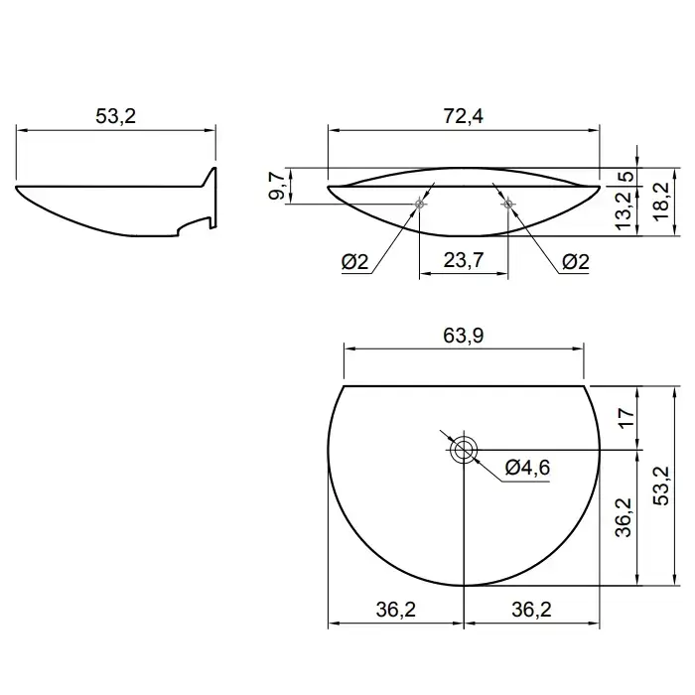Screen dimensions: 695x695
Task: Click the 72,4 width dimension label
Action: click(x=464, y=116)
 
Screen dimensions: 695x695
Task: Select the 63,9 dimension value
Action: click(x=464, y=336)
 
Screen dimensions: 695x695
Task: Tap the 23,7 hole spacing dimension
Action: click(x=464, y=260)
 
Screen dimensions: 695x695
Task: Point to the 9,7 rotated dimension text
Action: click(x=277, y=187)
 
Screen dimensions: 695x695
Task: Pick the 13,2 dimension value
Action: click(x=625, y=210)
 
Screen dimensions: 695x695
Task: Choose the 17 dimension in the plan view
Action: click(x=625, y=418)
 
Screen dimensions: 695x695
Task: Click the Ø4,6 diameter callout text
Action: click(x=527, y=468)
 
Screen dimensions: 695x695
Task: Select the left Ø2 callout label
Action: click(x=355, y=262)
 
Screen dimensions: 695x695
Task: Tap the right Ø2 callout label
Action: click(x=576, y=262)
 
